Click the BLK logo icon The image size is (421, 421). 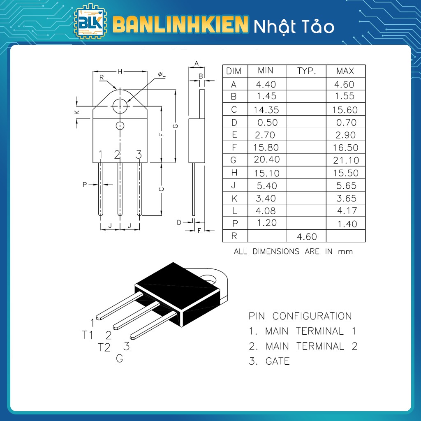coord(90,23)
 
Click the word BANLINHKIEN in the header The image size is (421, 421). coord(180,25)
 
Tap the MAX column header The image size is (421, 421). coord(345,71)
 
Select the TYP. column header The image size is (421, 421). coord(306,71)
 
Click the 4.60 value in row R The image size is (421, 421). coord(306,236)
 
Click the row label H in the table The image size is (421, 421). coord(234,173)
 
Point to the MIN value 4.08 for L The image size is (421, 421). coord(266,211)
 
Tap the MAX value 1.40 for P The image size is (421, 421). coord(346,224)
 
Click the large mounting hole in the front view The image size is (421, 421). coord(120,106)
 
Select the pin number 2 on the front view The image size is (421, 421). coord(117,155)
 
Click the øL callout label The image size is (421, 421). coord(161,74)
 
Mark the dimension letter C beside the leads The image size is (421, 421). coord(162,189)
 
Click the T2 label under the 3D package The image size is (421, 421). coord(104,347)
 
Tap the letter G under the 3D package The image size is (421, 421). coord(119,359)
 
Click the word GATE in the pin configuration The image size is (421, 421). coord(278,361)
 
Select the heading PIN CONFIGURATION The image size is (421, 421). coord(300,316)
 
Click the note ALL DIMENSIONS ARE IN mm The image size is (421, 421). coord(293,251)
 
